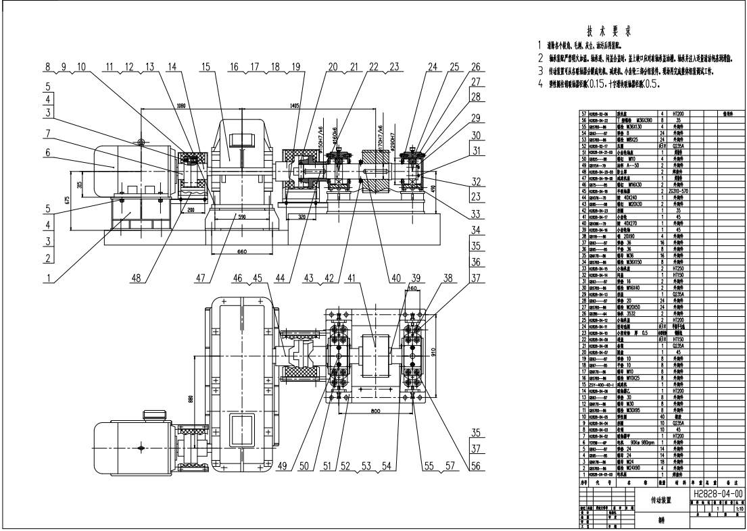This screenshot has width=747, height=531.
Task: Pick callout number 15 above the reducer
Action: click(206, 67)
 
